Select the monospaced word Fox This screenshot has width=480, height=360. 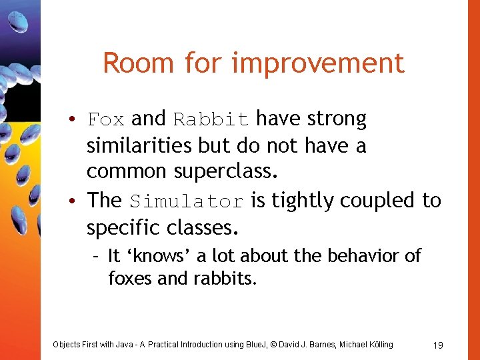tap(106, 120)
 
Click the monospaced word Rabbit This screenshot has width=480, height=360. tap(211, 120)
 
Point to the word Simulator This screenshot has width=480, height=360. tap(187, 201)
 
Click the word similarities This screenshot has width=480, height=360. tap(137, 145)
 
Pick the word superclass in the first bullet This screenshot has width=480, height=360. tap(225, 172)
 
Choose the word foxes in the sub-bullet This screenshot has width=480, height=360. tap(130, 278)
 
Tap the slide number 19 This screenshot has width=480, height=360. tap(438, 345)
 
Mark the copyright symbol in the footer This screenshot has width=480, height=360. tap(273, 345)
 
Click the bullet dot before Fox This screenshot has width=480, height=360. tap(79, 121)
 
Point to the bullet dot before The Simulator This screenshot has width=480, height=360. tap(79, 201)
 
